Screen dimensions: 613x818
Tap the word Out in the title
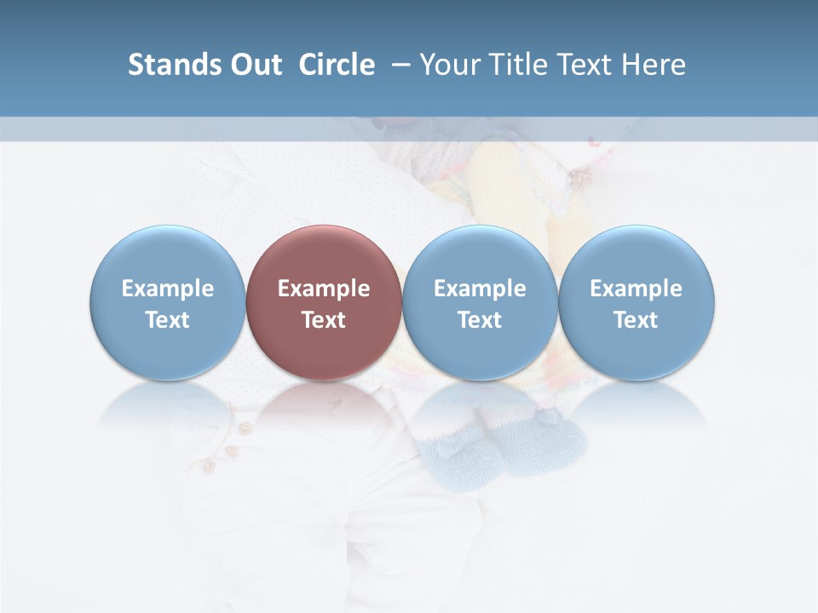254,65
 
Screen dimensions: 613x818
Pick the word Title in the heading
517,65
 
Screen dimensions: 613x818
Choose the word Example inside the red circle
324,289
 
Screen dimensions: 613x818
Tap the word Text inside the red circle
324,320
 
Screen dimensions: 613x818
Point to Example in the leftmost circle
167,289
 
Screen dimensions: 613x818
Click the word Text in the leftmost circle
167,320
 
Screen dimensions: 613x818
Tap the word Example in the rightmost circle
637,289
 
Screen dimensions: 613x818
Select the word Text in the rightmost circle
637,320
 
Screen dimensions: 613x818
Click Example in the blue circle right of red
480,289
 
